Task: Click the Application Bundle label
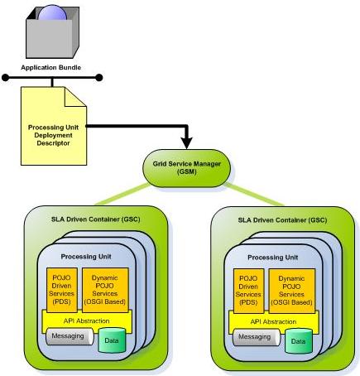pos(51,68)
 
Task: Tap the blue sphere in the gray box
pos(52,13)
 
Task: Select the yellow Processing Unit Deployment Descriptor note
pos(54,126)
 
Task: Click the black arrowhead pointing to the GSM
pos(187,143)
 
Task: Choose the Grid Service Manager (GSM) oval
pos(187,168)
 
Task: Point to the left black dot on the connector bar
pos(6,78)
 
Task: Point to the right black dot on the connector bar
pos(98,78)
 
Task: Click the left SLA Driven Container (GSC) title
pos(96,219)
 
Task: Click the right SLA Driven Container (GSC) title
pos(282,220)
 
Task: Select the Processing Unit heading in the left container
pos(86,257)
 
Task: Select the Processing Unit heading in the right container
pos(273,258)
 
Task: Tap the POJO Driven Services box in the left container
pos(62,290)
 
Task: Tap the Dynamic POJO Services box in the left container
pos(105,290)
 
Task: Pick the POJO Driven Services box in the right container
pos(248,291)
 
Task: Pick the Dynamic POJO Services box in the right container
pos(292,291)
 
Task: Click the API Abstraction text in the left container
pos(87,321)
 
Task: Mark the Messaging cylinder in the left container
pos(70,336)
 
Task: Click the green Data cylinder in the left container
pos(112,340)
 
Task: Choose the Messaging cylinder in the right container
pos(257,337)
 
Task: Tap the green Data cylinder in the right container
pos(299,341)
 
